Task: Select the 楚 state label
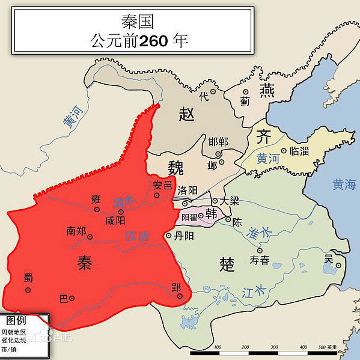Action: [x=227, y=263]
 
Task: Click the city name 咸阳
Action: [x=115, y=221]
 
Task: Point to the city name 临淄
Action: [x=298, y=151]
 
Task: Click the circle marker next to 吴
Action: [x=338, y=265]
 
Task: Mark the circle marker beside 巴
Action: [x=72, y=298]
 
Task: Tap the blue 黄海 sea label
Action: [x=345, y=185]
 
